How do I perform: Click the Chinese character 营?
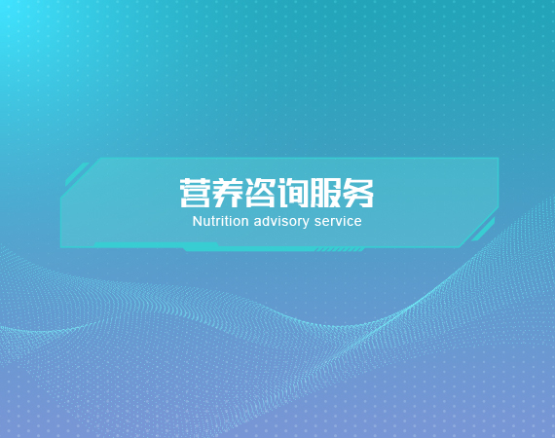tap(195, 193)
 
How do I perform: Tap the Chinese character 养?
tap(228, 193)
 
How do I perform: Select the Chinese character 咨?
tap(260, 193)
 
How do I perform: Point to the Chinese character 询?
tap(292, 193)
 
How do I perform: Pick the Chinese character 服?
tap(325, 193)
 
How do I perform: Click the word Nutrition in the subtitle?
tap(220, 222)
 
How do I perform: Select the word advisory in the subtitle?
tap(281, 223)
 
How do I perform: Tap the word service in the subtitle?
tap(338, 222)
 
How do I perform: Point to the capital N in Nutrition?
tap(197, 222)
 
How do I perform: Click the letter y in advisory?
tap(306, 224)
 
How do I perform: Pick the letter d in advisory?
tap(266, 222)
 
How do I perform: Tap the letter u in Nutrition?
tap(206, 223)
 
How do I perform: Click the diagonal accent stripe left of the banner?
tap(77, 174)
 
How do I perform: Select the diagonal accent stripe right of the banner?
tap(483, 230)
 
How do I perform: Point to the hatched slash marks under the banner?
tap(340, 250)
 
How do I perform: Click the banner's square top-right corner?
tap(499, 158)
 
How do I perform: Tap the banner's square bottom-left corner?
tap(61, 246)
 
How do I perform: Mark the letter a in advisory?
tap(257, 223)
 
